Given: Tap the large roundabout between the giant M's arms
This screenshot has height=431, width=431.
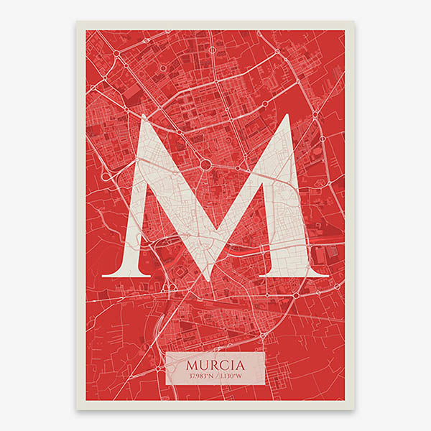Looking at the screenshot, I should [x=205, y=164].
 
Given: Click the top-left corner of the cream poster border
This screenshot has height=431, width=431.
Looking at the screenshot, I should [x=77, y=22].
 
